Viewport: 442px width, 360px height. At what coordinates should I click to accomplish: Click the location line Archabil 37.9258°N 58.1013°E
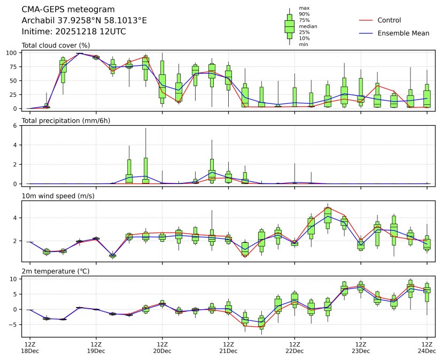point(84,21)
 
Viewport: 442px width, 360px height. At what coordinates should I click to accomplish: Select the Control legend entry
point(389,20)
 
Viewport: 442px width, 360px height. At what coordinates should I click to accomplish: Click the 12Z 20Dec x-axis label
point(162,348)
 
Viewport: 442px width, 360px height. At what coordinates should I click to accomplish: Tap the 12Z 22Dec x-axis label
point(294,348)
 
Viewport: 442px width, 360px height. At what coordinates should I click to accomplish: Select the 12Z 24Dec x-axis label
point(427,348)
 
